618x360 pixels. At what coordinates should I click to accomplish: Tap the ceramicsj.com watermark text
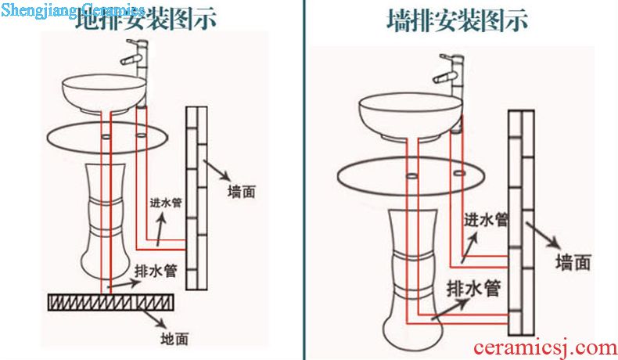(x=545, y=346)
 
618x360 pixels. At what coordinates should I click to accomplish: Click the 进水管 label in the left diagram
(x=166, y=202)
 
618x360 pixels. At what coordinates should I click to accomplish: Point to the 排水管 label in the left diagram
(x=155, y=271)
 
